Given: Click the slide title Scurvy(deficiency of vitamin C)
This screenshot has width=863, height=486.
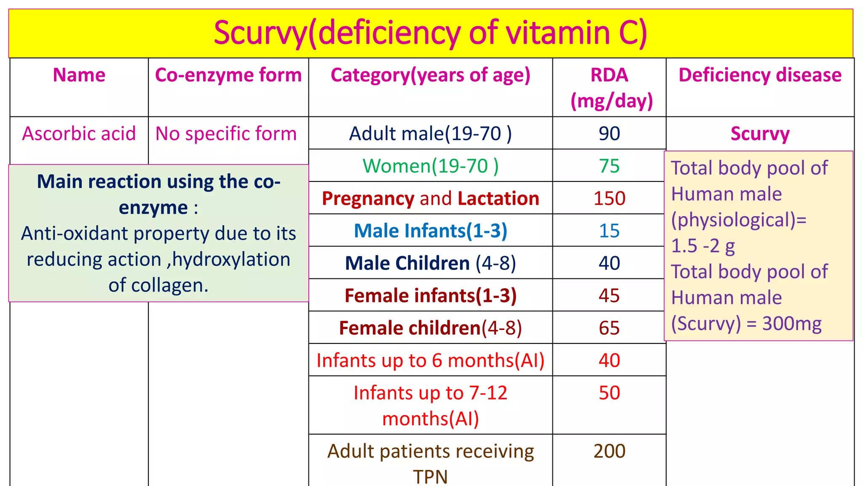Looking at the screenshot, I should pyautogui.click(x=430, y=33).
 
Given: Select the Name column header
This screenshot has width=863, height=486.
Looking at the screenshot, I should pyautogui.click(x=79, y=75).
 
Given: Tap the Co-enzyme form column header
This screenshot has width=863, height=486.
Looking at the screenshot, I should pyautogui.click(x=228, y=75).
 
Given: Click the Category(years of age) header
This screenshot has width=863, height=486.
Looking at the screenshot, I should pyautogui.click(x=430, y=75).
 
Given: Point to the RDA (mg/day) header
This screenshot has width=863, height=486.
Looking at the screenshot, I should pyautogui.click(x=610, y=88).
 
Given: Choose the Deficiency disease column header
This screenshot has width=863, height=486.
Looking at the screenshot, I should pyautogui.click(x=760, y=75).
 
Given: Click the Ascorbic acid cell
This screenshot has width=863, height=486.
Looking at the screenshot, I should pyautogui.click(x=79, y=134).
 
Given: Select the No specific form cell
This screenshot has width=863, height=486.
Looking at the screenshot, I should pyautogui.click(x=226, y=134).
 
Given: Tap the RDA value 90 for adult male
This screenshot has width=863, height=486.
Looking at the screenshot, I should pyautogui.click(x=609, y=134).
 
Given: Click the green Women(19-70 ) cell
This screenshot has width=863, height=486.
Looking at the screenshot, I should pyautogui.click(x=430, y=166).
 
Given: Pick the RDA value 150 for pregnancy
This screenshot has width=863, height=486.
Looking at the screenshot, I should pyautogui.click(x=609, y=198).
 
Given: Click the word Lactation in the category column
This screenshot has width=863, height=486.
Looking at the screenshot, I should pyautogui.click(x=498, y=198).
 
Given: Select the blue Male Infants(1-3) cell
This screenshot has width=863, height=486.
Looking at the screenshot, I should pyautogui.click(x=430, y=231).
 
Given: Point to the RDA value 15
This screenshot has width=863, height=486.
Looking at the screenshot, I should pyautogui.click(x=609, y=231).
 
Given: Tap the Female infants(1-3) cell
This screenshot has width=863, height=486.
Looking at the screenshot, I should pyautogui.click(x=430, y=296).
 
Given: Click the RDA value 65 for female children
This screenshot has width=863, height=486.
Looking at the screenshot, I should pyautogui.click(x=609, y=328).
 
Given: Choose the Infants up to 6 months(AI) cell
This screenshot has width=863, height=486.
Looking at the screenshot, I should pyautogui.click(x=430, y=361).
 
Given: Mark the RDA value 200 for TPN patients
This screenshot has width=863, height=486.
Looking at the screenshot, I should pyautogui.click(x=609, y=451).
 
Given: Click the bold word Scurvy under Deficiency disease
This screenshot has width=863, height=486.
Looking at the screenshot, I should pyautogui.click(x=760, y=134).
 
